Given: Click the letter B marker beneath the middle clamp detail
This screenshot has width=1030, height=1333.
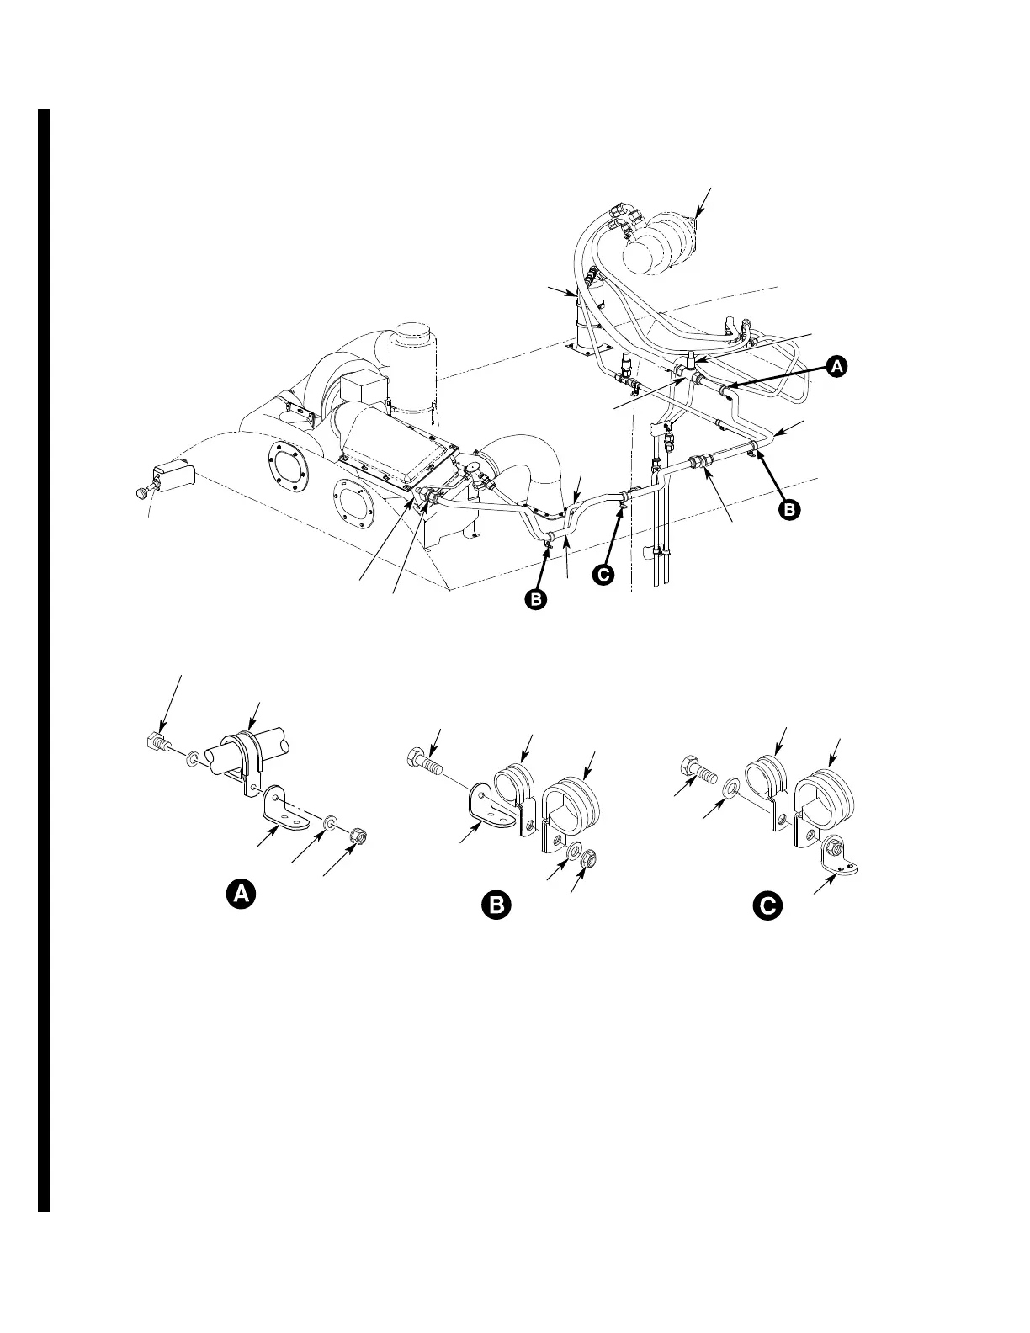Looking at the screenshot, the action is pos(496,905).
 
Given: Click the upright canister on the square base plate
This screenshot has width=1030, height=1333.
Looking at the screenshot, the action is pos(587,323).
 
